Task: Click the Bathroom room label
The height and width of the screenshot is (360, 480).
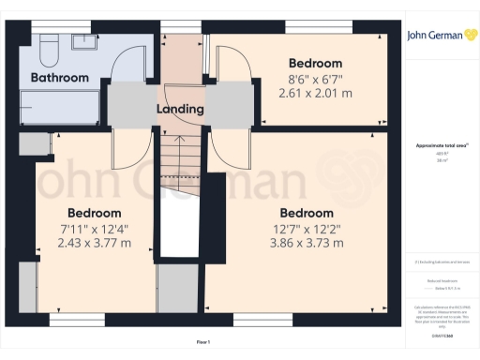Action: [60, 78]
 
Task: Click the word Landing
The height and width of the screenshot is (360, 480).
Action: [180, 110]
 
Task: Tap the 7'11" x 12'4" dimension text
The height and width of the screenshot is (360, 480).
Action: [94, 229]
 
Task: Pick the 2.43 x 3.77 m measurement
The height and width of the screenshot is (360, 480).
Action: [94, 244]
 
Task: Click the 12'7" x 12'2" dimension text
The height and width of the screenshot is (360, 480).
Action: [306, 229]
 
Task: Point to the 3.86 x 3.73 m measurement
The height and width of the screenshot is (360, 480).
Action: [306, 244]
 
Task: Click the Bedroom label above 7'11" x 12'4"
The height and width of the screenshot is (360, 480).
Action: [94, 213]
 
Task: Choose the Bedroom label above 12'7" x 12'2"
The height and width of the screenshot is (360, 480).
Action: [306, 213]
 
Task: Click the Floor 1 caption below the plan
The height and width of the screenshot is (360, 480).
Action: [203, 342]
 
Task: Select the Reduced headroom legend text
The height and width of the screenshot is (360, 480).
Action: [441, 279]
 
